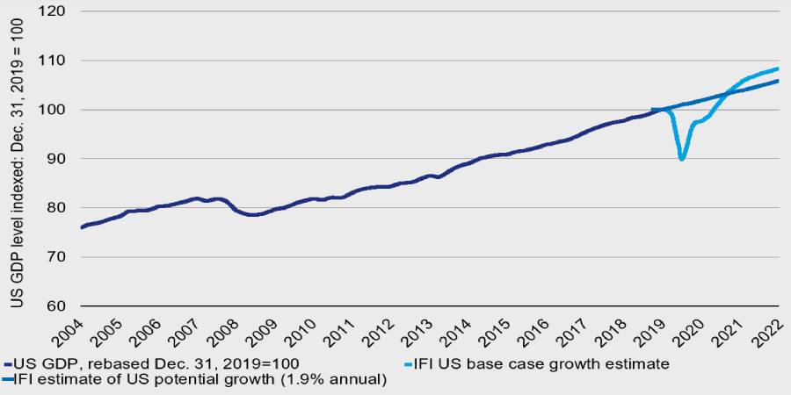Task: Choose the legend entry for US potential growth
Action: [x=198, y=379]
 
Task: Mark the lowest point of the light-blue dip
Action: [x=682, y=159]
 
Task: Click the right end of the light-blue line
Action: [x=779, y=68]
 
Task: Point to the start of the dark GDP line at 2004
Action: [x=81, y=227]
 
